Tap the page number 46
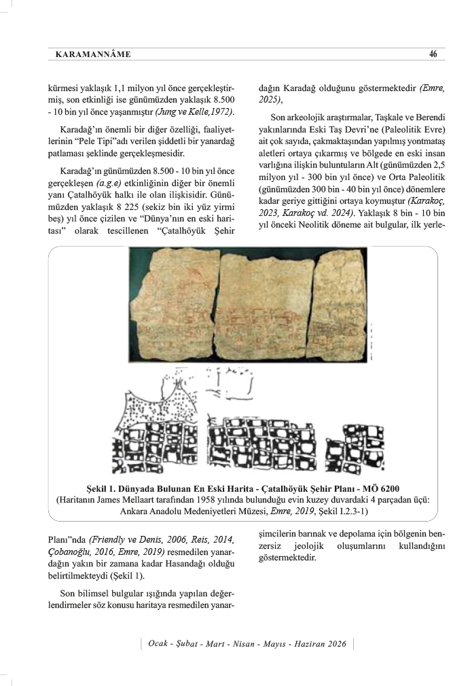pyautogui.click(x=433, y=54)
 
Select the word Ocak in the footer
pyautogui.click(x=156, y=644)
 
